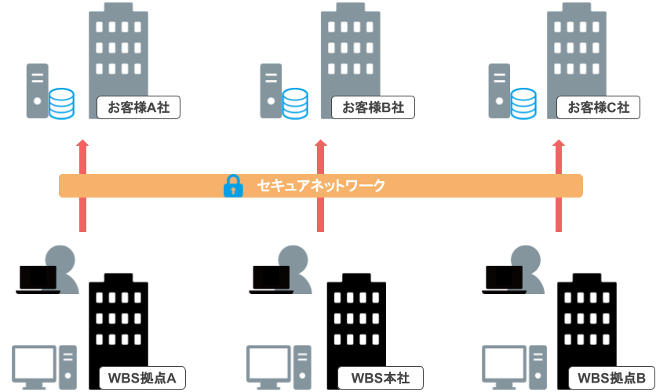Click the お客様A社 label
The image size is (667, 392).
139,107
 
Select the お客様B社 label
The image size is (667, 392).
373,107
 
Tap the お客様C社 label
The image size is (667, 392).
598,107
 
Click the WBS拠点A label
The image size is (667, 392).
142,378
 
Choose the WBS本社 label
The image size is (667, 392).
380,378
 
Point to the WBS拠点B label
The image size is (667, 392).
611,378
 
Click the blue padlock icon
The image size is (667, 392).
233,186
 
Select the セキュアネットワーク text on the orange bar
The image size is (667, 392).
321,186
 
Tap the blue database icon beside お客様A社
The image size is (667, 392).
61,103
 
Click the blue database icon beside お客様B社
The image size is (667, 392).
295,103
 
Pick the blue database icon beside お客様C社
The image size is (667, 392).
523,103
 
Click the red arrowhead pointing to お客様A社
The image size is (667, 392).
82,143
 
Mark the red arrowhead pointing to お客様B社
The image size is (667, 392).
320,143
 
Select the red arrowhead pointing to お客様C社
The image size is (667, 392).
559,143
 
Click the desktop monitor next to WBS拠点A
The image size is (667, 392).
35,364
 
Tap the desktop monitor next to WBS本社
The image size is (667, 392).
268,364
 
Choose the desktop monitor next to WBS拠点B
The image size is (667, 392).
504,364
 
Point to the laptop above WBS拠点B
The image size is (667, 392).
503,278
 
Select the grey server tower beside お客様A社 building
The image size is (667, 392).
37,91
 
